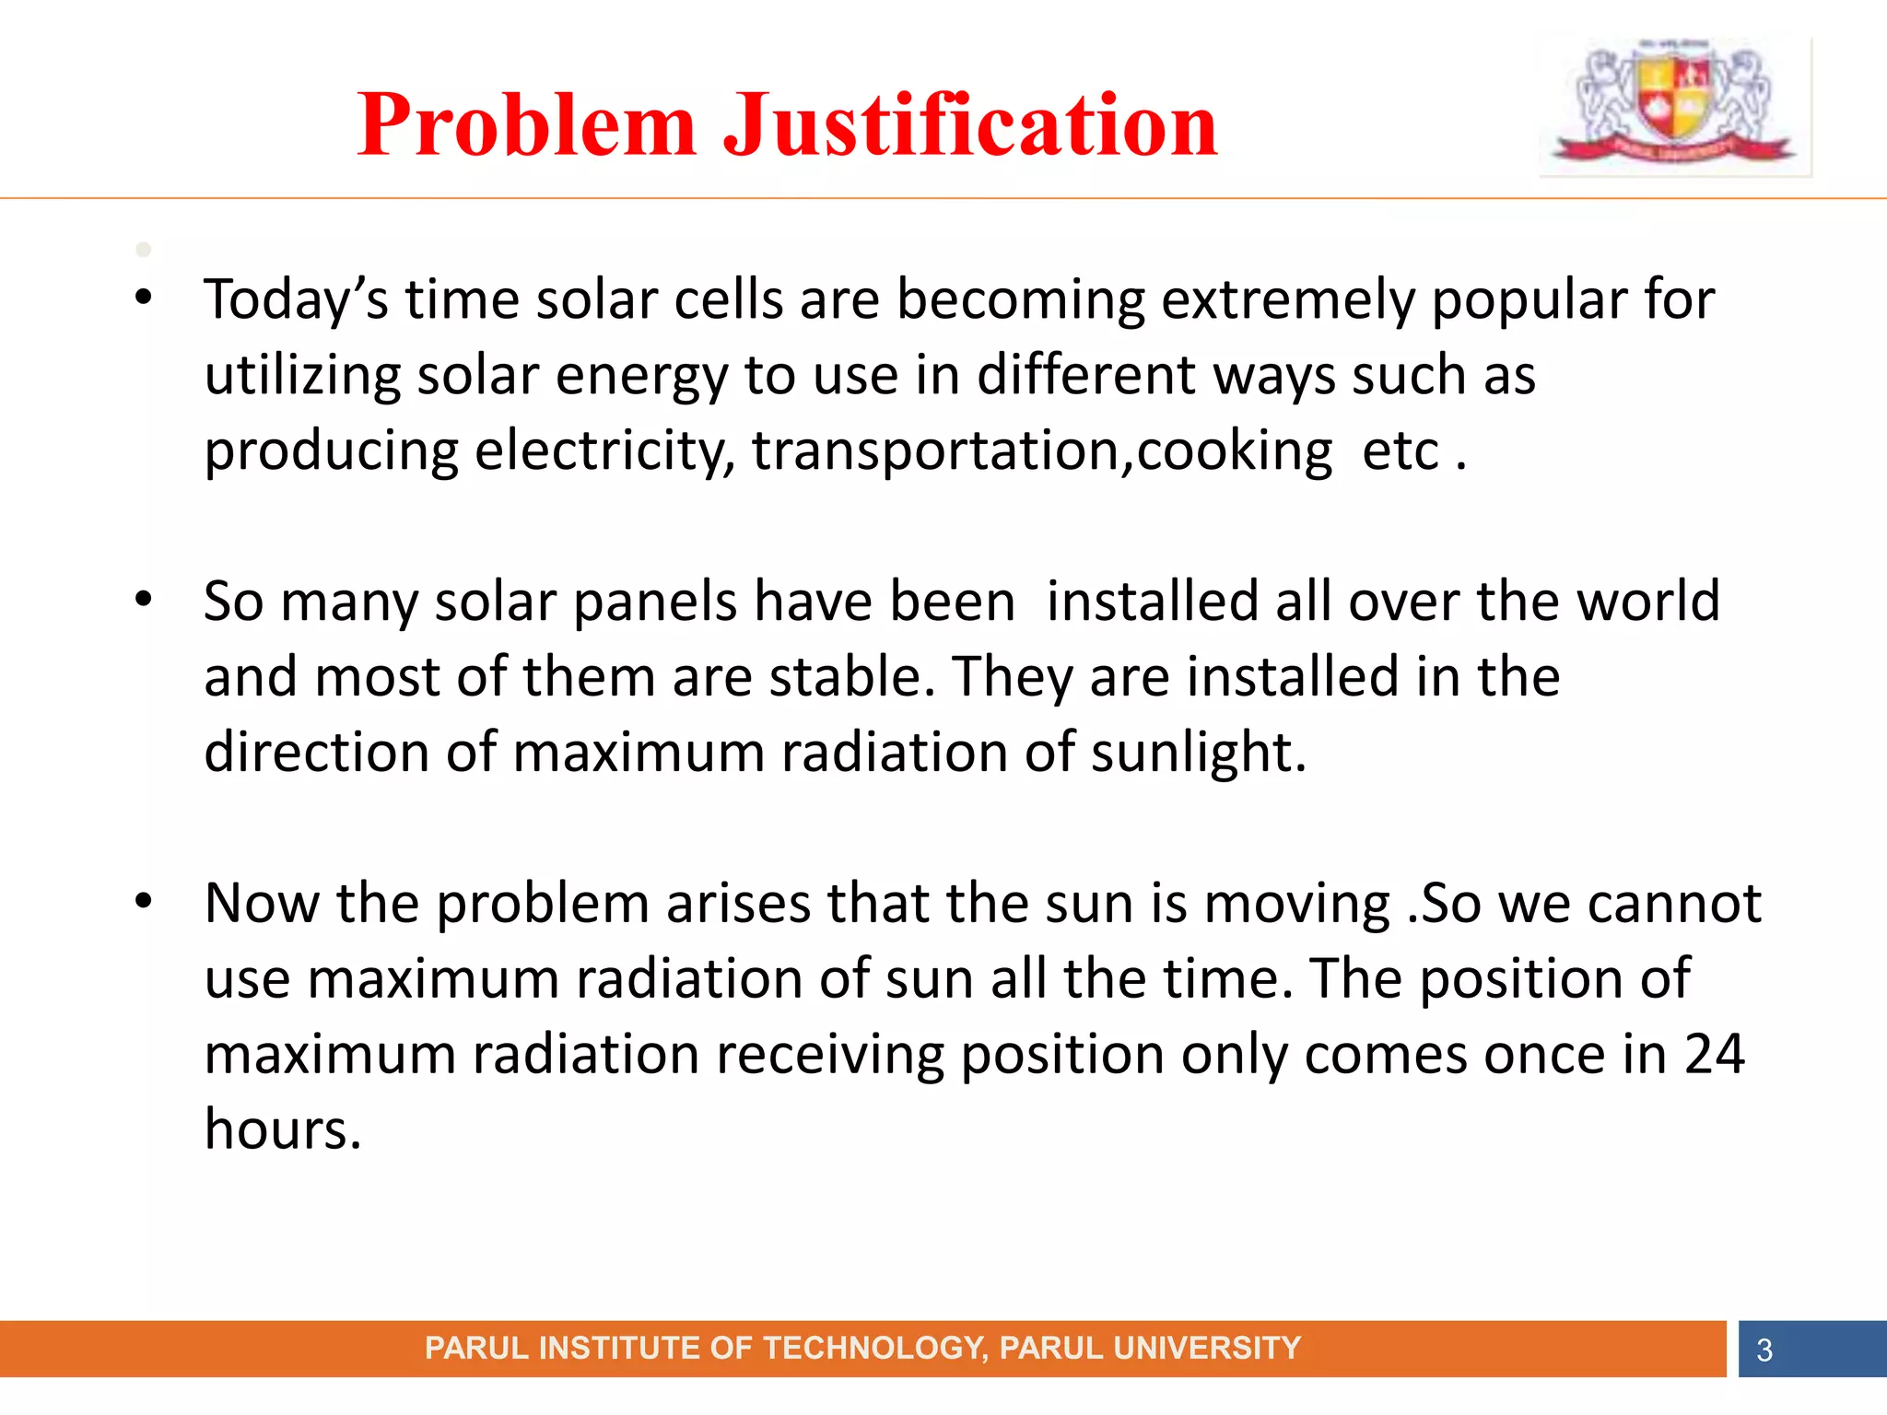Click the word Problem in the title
(526, 125)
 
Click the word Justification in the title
(970, 125)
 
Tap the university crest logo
(1674, 104)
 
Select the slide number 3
(1764, 1350)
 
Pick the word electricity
(604, 451)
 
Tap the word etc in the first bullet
(1400, 451)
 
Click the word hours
(282, 1130)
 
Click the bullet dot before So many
(143, 600)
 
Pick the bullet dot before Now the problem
(143, 901)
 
